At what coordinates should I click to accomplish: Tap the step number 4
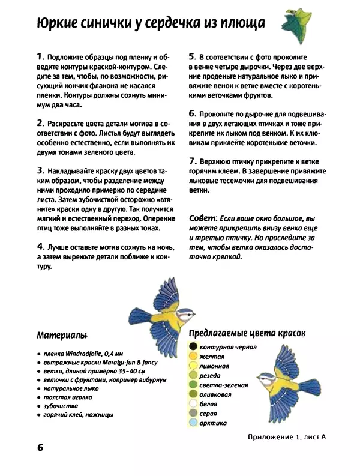40,247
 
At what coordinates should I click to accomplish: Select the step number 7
193,161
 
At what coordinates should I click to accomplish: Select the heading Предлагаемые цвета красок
247,333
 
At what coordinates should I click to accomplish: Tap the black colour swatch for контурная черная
193,346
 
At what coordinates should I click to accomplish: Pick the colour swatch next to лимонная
193,366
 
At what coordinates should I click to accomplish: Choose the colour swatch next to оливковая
193,394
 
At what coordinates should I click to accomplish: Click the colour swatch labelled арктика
193,423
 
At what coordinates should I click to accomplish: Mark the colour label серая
209,414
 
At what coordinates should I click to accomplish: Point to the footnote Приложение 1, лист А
286,437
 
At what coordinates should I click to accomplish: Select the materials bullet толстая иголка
68,397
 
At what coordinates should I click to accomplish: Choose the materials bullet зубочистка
62,406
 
